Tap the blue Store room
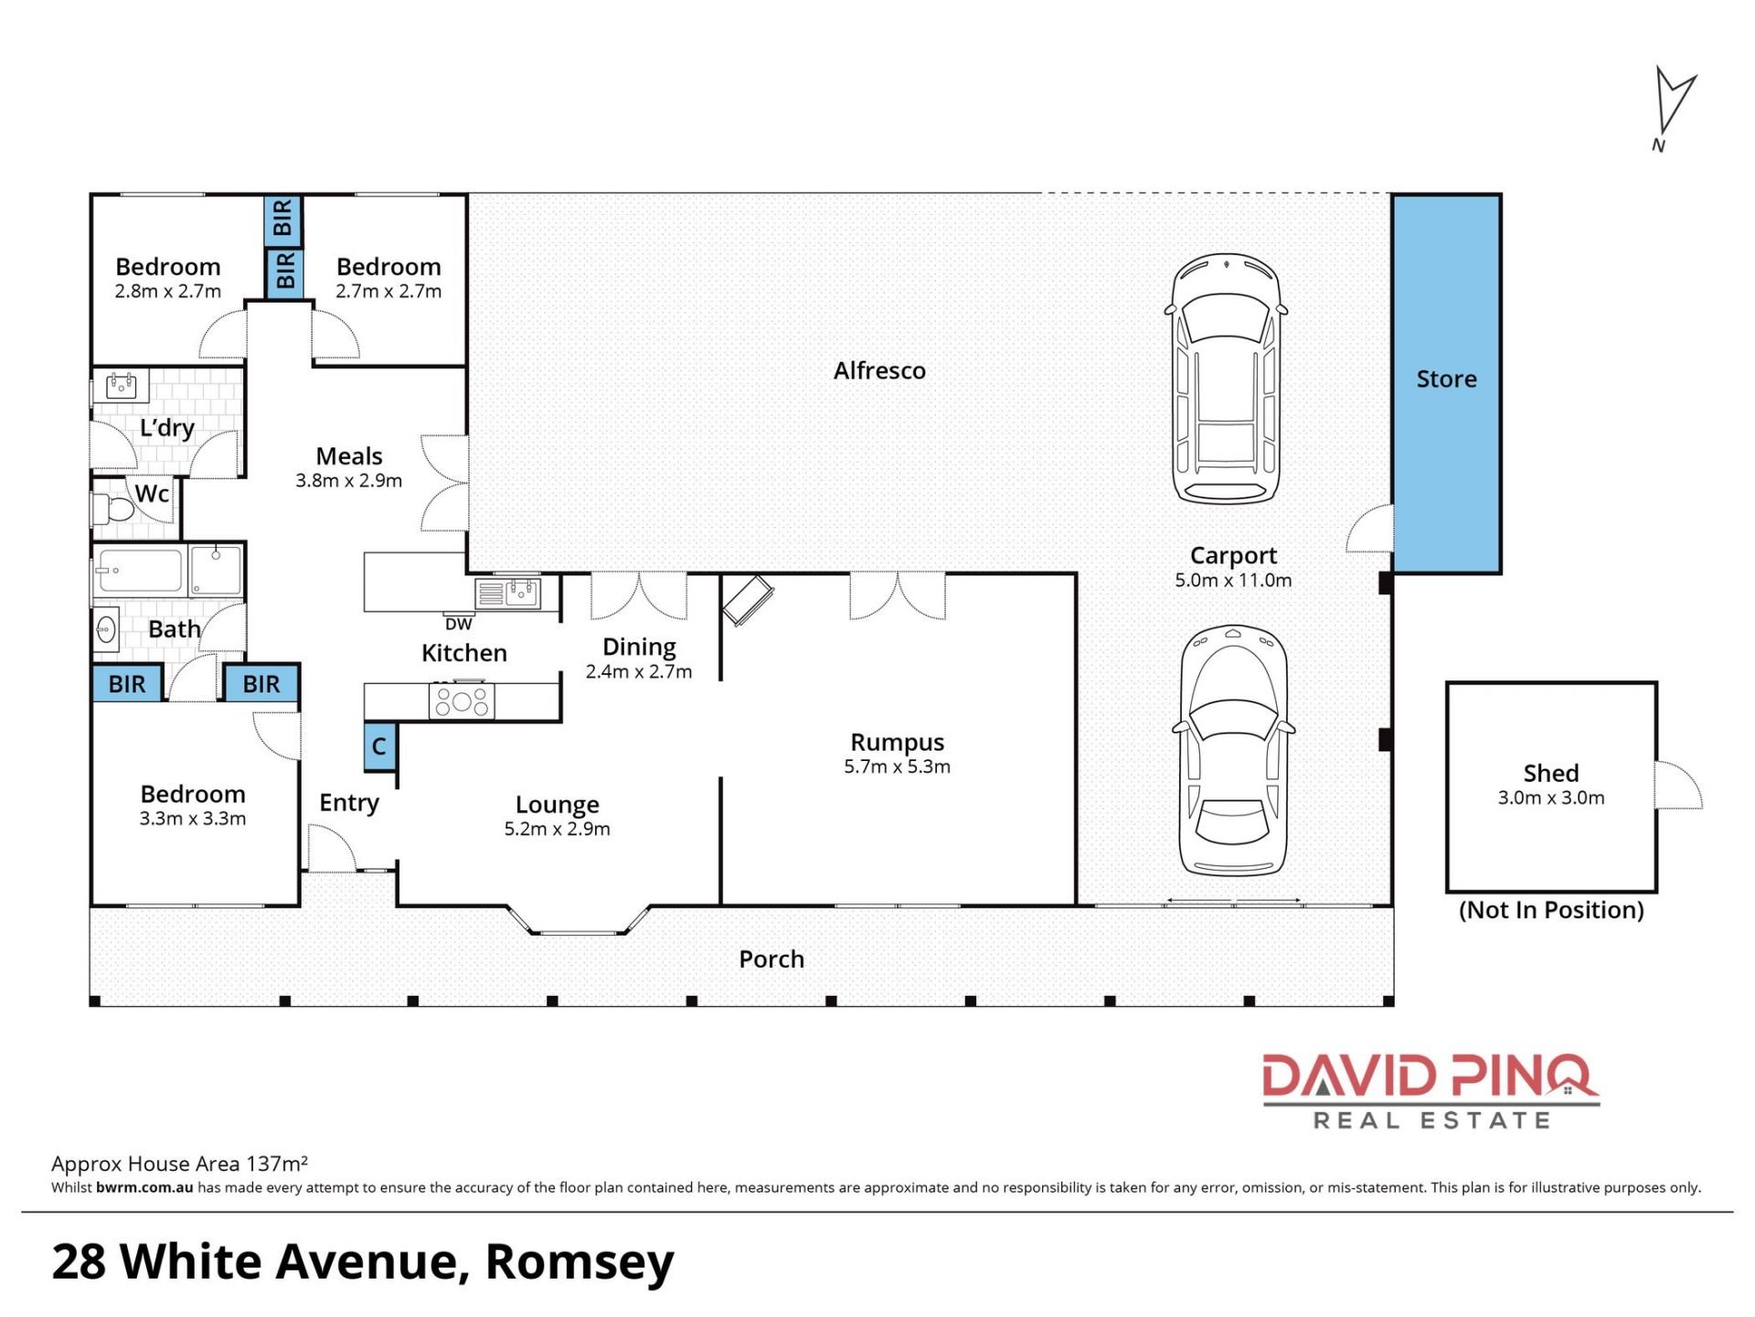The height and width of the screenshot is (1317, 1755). (x=1446, y=383)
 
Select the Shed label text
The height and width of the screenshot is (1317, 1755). (x=1550, y=773)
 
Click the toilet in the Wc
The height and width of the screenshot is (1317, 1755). (x=111, y=509)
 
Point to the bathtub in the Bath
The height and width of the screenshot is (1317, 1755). (x=140, y=571)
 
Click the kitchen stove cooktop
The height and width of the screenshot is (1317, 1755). (x=462, y=701)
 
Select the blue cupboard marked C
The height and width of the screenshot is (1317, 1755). (x=379, y=746)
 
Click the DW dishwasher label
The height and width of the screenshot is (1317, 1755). (x=458, y=625)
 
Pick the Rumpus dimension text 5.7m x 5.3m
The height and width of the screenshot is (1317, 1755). (x=897, y=766)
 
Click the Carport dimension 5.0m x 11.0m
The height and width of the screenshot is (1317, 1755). (x=1233, y=580)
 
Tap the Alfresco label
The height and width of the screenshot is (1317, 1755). (x=879, y=370)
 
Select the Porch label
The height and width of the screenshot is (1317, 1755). (x=771, y=959)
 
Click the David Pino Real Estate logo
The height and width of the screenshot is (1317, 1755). (x=1431, y=1091)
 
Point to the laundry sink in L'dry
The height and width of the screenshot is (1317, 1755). (x=122, y=386)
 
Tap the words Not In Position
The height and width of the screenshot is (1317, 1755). (x=1551, y=910)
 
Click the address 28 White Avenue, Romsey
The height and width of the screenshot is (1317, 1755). (x=363, y=1263)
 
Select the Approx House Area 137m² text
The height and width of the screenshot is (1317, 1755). (x=179, y=1163)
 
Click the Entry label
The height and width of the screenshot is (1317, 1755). (x=349, y=803)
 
